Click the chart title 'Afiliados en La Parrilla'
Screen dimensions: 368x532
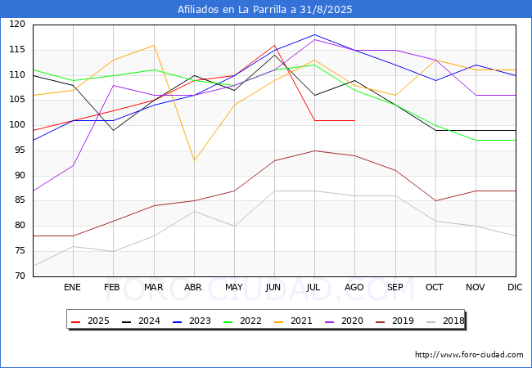tap(265, 9)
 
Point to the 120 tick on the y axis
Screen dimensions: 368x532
tap(17, 25)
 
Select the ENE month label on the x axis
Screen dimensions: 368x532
tap(73, 288)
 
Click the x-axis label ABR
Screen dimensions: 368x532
tap(193, 288)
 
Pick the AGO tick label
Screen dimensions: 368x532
tap(354, 288)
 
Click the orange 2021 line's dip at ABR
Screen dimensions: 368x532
tap(194, 160)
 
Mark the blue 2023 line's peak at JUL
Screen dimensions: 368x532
tap(314, 35)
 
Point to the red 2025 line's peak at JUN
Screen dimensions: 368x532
tap(274, 45)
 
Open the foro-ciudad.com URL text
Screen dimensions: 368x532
tap(469, 355)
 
